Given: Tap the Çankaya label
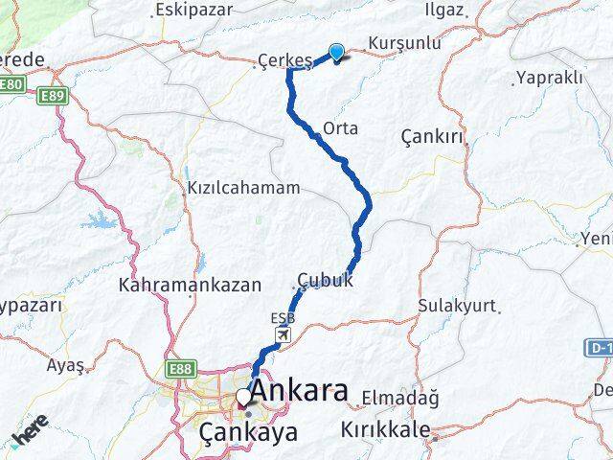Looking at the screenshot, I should point(248,432).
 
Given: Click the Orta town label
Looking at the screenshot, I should point(341,126).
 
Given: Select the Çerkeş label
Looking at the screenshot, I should point(285,61).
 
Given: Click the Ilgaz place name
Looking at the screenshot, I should point(442,11).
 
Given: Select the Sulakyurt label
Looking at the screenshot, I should point(457,306).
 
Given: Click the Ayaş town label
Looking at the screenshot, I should point(65,364).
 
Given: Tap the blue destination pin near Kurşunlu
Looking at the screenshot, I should point(337,53).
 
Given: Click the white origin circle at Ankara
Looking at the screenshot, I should point(244,397).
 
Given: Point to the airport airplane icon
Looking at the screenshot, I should point(284,334).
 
